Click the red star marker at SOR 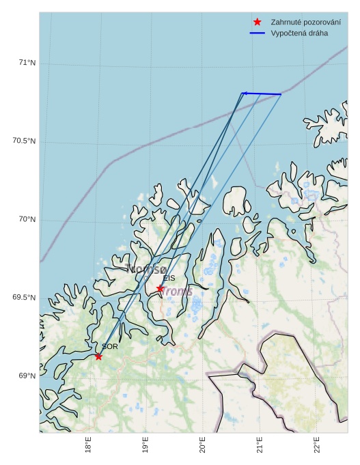pos(98,356)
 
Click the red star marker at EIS pos(160,289)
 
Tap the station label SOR pos(110,347)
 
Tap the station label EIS pos(169,278)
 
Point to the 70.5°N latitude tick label pos(24,141)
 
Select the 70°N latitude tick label pos(26,219)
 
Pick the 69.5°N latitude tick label pos(24,298)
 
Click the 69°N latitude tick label pos(26,376)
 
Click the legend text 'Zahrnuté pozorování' pos(305,22)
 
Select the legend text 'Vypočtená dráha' pos(299,33)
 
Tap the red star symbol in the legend pos(257,22)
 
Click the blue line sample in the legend pos(257,33)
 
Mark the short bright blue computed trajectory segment pos(262,94)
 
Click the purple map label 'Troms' pos(176,292)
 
